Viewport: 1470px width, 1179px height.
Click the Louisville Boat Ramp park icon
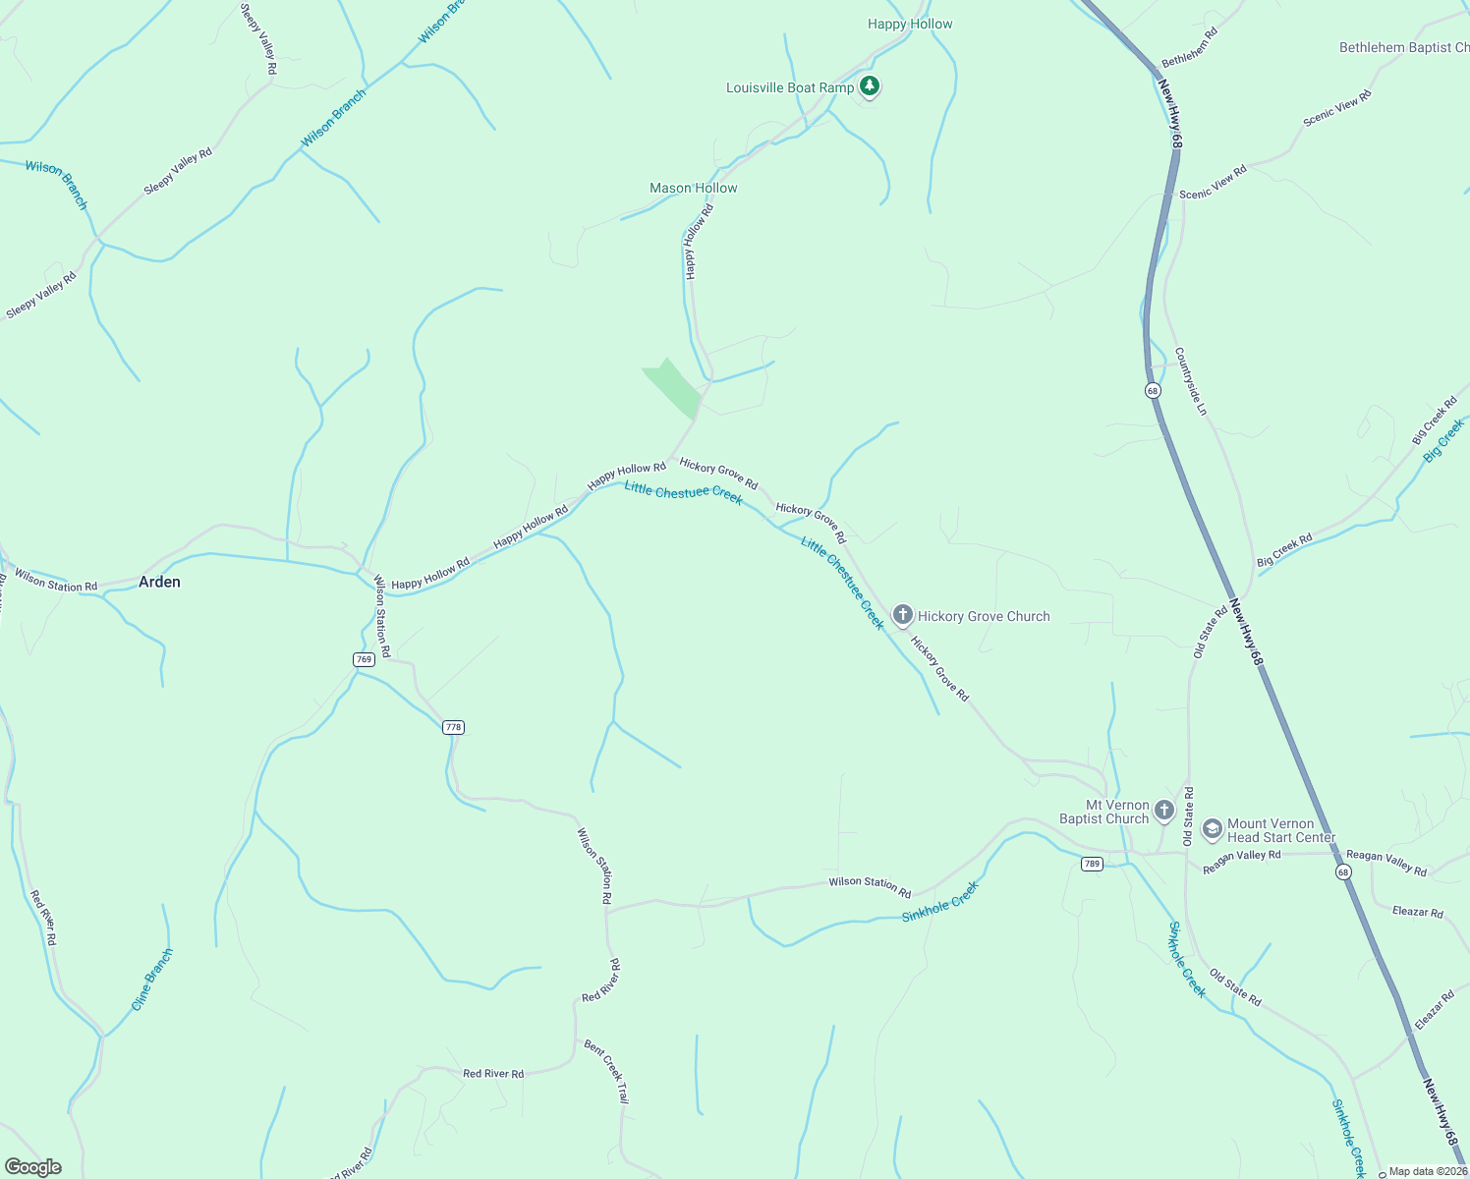pyautogui.click(x=869, y=86)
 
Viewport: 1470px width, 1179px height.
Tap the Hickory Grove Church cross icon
pyautogui.click(x=902, y=616)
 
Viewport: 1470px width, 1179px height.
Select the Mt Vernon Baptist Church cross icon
pyautogui.click(x=1163, y=811)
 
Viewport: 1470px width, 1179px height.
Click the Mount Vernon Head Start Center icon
pyautogui.click(x=1212, y=830)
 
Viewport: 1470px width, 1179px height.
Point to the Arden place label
pyautogui.click(x=159, y=582)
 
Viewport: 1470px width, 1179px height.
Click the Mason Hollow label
pyautogui.click(x=693, y=188)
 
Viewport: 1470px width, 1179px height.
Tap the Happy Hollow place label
pyautogui.click(x=910, y=24)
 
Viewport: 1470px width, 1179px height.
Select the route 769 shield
pyautogui.click(x=364, y=659)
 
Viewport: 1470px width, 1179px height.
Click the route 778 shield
pyautogui.click(x=452, y=727)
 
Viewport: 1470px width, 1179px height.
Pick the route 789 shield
pyautogui.click(x=1092, y=864)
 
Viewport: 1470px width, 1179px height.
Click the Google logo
pyautogui.click(x=32, y=1167)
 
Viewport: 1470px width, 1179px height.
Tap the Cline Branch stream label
pyautogui.click(x=152, y=979)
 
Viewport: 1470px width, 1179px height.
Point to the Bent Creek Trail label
pyautogui.click(x=606, y=1071)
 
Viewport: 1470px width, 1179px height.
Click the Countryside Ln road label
pyautogui.click(x=1190, y=381)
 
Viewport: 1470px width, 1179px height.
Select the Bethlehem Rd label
pyautogui.click(x=1189, y=46)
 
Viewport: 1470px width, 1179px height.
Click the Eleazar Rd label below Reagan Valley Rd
pyautogui.click(x=1417, y=912)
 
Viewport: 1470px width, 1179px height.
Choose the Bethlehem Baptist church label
pyautogui.click(x=1403, y=47)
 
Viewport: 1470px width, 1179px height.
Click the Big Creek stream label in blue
pyautogui.click(x=1443, y=439)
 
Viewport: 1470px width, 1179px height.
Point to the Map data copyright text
pyautogui.click(x=1427, y=1171)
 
